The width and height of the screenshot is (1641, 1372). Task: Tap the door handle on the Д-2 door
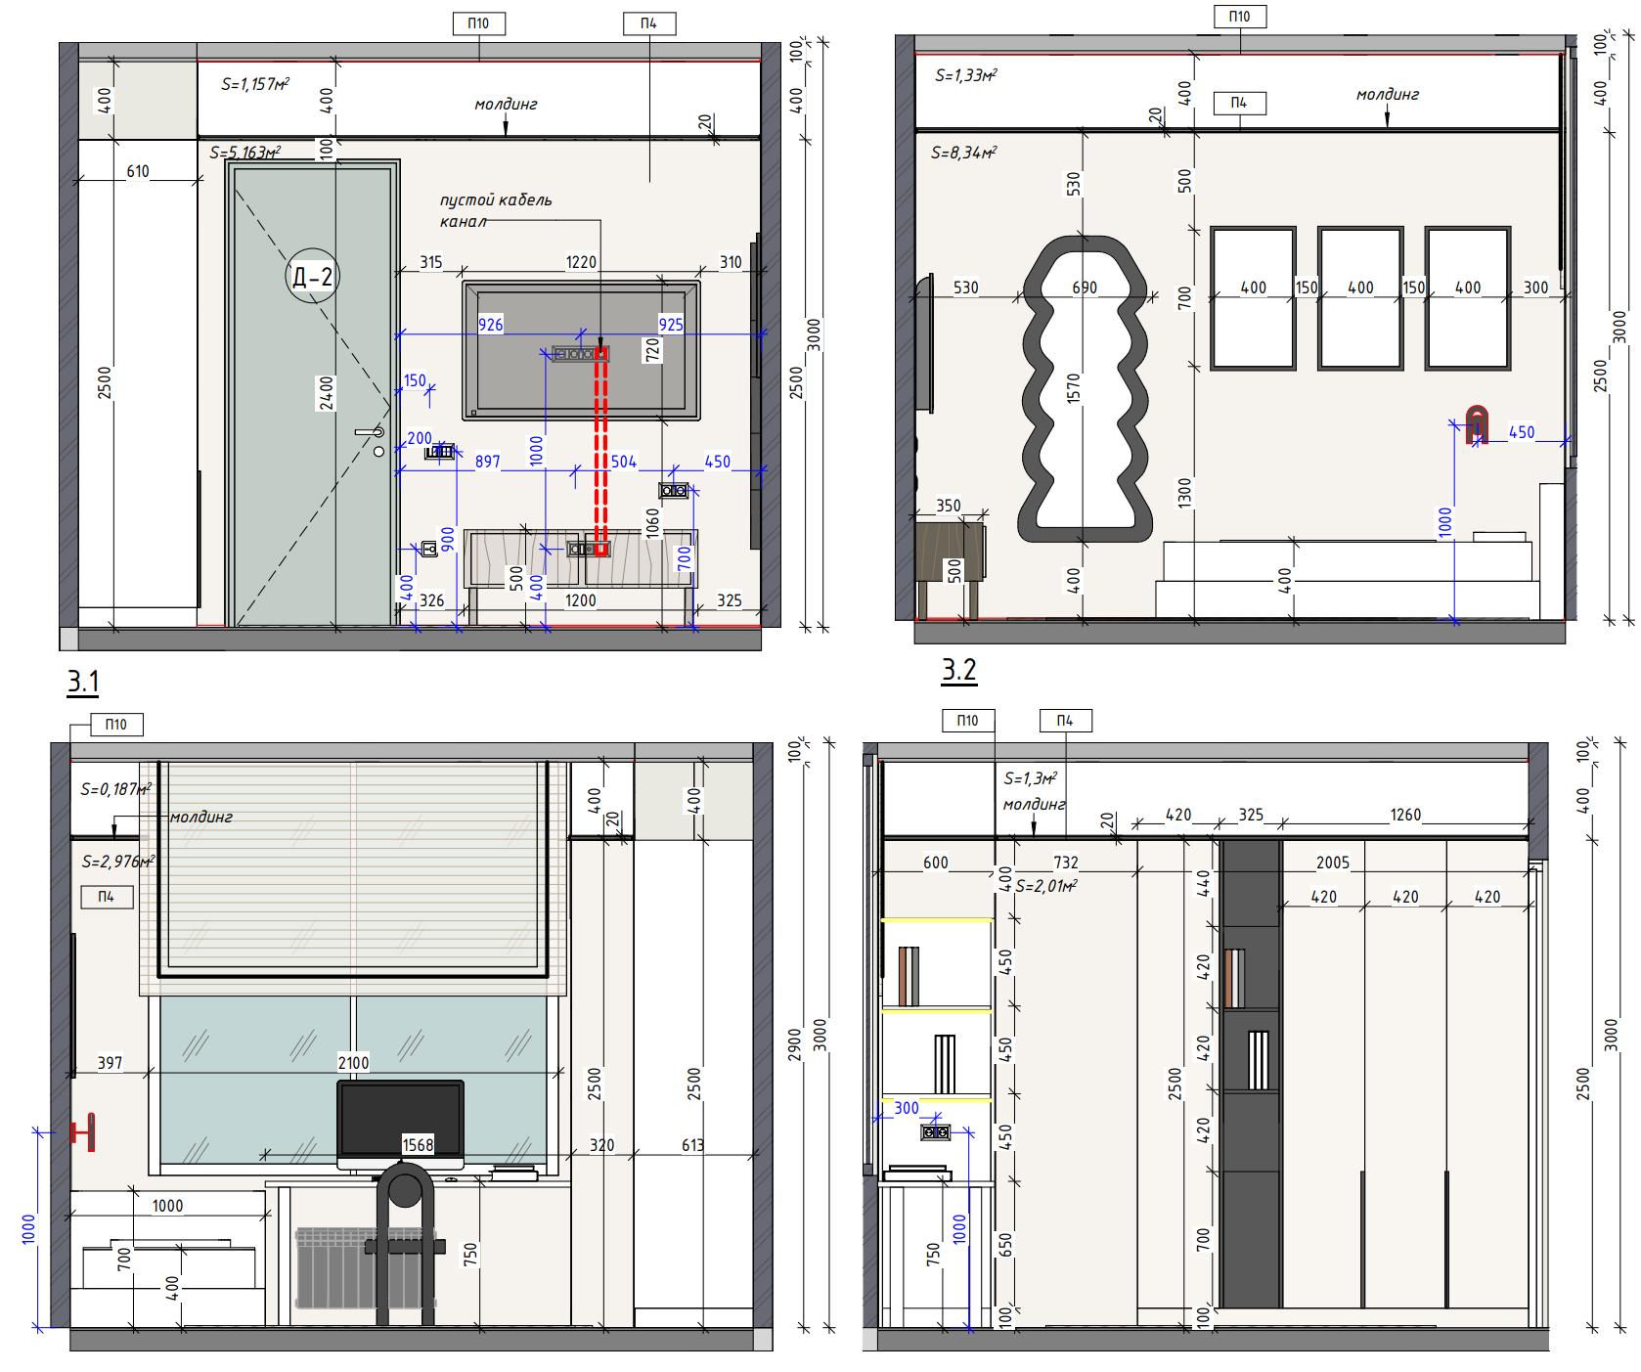coord(370,431)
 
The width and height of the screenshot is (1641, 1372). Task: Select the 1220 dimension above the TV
coord(581,262)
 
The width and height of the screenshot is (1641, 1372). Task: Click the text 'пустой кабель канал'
coord(496,210)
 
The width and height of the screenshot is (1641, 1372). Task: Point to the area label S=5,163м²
coord(244,153)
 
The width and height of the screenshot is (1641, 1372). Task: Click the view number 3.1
coord(83,681)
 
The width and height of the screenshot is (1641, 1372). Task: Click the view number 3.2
coord(958,670)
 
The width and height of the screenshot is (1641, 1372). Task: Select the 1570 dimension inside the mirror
coord(1074,388)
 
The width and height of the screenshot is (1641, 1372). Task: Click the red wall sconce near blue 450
coord(1477,423)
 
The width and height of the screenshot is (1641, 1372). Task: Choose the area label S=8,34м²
coord(963,153)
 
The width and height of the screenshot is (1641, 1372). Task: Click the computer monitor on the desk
coord(400,1122)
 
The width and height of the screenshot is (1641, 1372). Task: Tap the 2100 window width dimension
coord(353,1063)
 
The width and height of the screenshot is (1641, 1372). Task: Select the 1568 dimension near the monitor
coord(418,1145)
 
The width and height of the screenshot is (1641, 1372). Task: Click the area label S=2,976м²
coord(118,862)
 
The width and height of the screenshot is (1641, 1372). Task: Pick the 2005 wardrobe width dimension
coord(1333,863)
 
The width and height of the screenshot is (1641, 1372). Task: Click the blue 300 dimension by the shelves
coord(907,1108)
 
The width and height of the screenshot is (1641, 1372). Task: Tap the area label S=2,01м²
coord(1046,886)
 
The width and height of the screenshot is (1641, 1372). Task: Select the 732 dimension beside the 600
coord(1066,863)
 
